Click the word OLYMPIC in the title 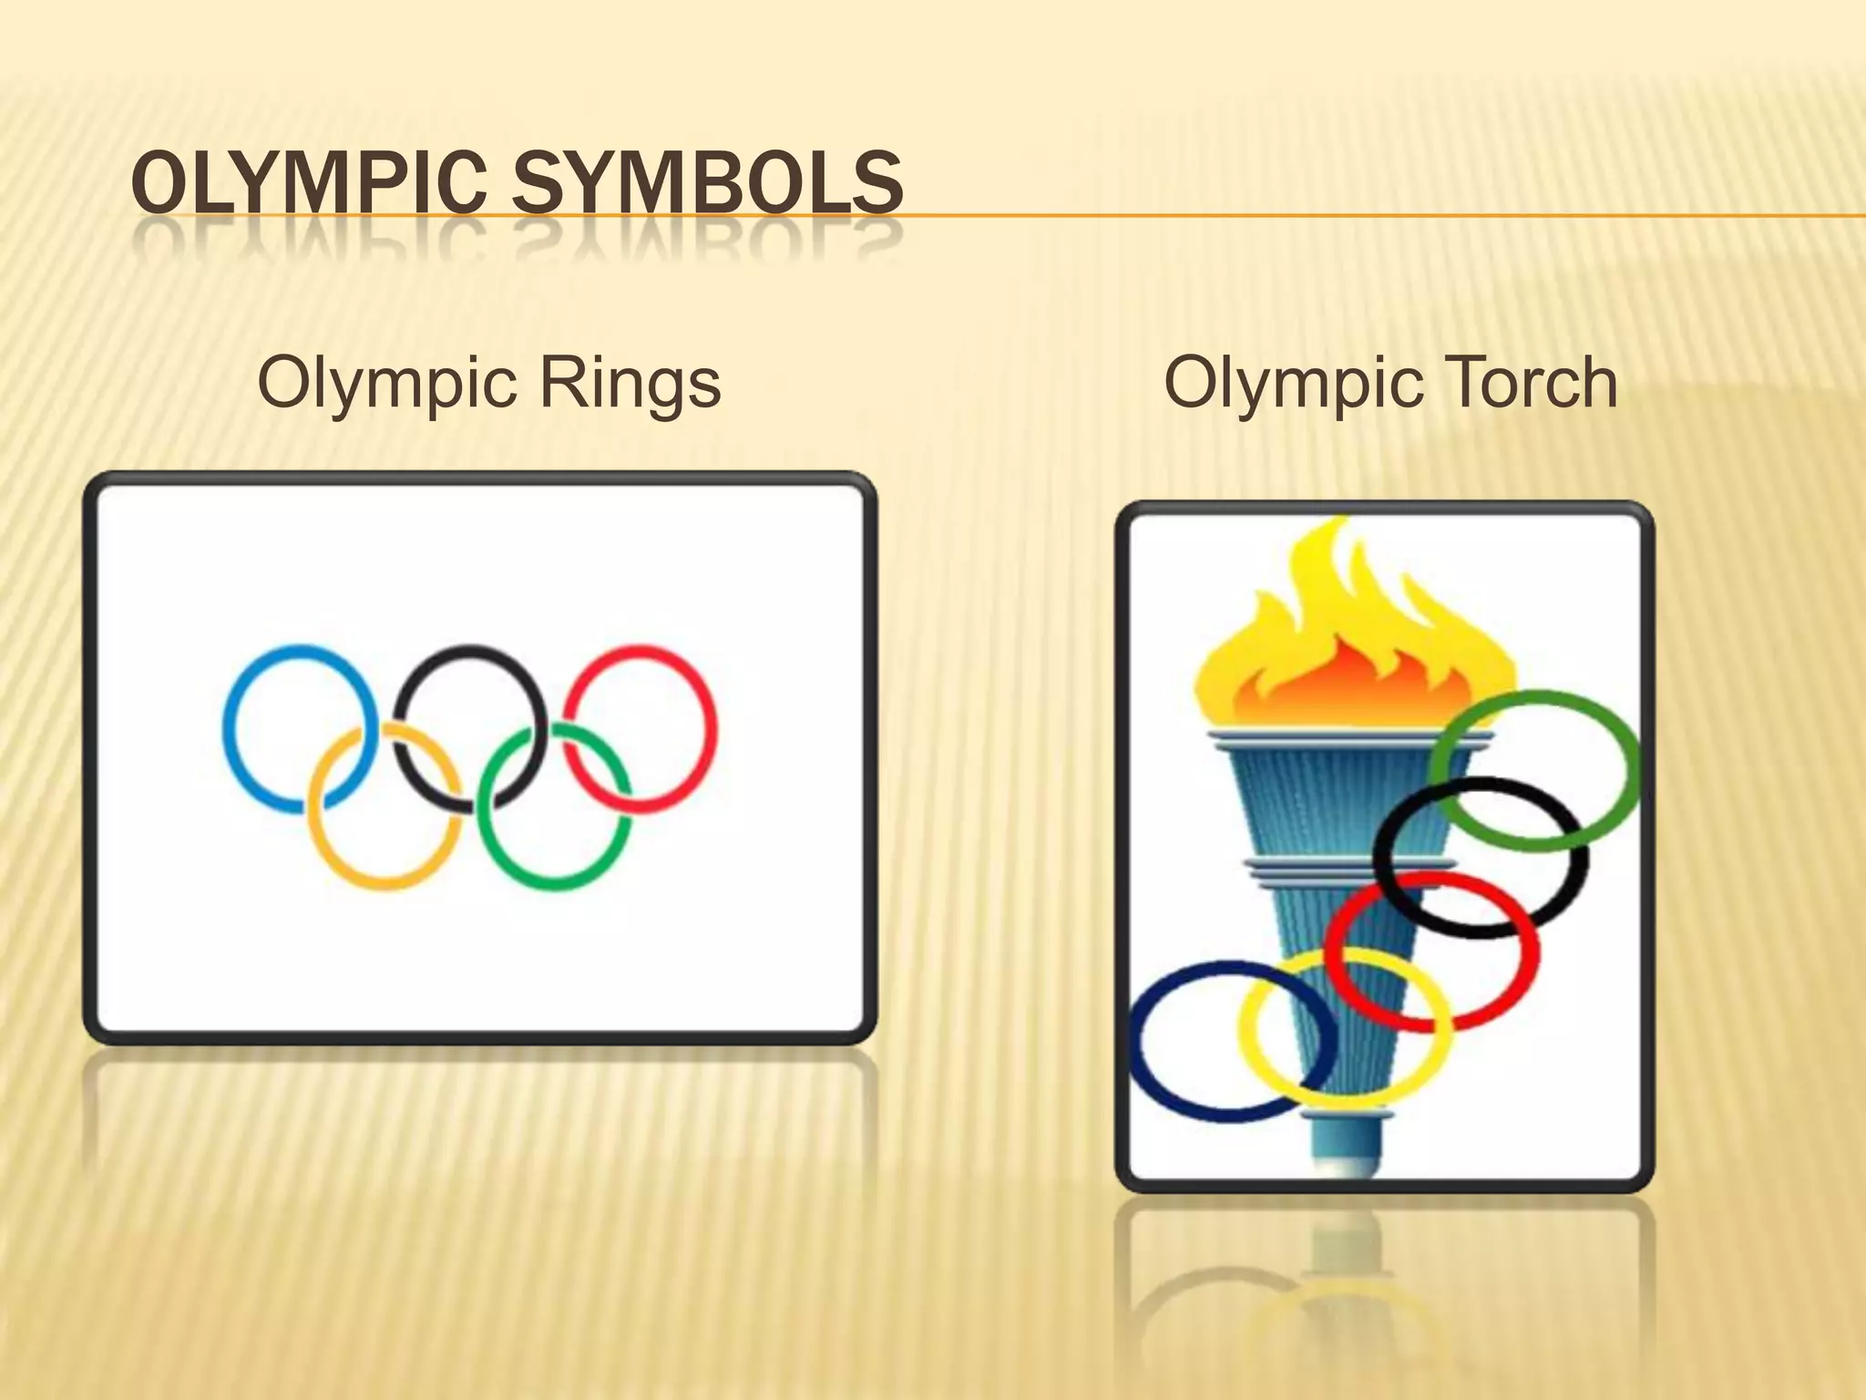310,184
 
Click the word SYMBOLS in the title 707,184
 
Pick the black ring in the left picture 471,652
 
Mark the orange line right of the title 1367,216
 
